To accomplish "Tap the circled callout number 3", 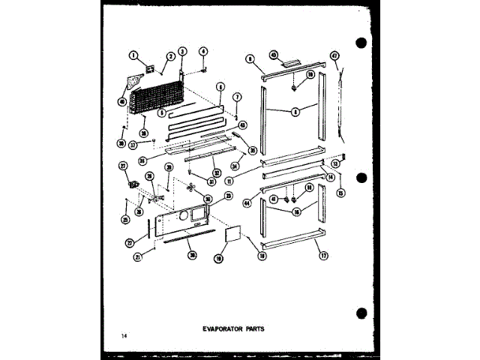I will click(x=181, y=51).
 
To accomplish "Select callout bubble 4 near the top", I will click(x=202, y=51).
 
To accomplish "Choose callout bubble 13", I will click(x=335, y=163).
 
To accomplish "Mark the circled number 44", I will click(x=247, y=200).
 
